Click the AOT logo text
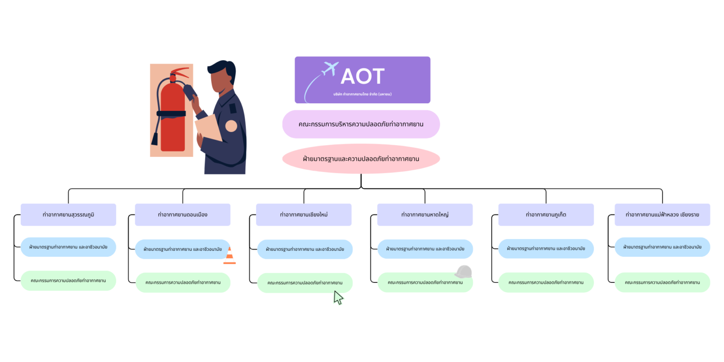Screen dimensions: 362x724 362,76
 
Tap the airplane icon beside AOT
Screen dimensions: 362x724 330,69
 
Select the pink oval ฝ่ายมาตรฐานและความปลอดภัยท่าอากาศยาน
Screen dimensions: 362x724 361,159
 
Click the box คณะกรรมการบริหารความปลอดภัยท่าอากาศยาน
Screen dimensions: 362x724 361,124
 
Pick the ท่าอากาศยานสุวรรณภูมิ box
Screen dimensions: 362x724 68,214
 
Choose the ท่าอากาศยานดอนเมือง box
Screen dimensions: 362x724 182,214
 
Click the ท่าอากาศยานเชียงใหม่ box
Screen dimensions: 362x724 304,214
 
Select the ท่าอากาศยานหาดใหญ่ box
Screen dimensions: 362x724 425,214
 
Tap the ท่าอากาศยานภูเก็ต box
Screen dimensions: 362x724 546,214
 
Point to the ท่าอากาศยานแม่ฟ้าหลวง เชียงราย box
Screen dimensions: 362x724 662,214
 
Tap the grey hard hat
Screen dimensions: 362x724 463,272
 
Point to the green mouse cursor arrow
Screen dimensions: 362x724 338,297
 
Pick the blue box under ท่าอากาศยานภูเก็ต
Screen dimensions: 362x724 546,248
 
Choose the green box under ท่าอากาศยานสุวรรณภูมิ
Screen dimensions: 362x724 68,280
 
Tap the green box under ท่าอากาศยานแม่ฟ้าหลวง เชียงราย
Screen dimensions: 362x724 662,282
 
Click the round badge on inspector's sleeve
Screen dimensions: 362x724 231,126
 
